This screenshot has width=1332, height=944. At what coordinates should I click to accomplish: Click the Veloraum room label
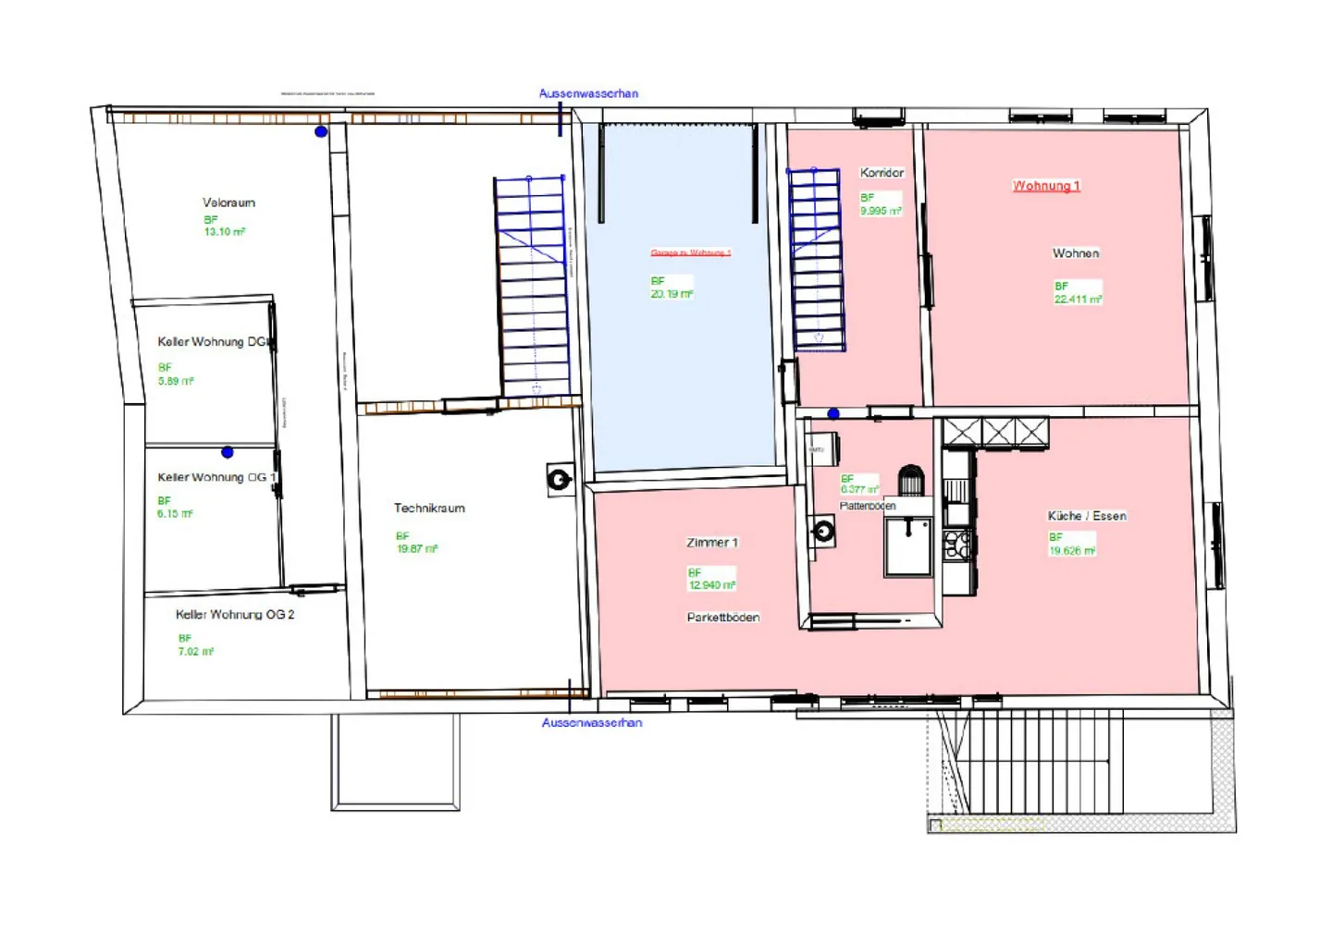click(228, 202)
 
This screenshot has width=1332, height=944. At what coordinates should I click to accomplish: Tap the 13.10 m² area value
click(224, 232)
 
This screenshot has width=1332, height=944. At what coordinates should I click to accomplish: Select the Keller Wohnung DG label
click(214, 342)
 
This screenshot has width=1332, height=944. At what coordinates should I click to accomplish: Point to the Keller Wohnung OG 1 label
click(216, 477)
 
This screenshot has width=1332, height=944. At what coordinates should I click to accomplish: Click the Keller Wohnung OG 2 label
click(235, 614)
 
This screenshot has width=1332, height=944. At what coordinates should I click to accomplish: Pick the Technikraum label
click(429, 508)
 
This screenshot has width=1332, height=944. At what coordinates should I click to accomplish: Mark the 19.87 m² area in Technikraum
click(417, 548)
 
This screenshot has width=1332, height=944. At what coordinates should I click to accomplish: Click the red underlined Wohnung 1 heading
click(1046, 186)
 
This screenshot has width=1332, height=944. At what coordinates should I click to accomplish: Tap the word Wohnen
click(1076, 253)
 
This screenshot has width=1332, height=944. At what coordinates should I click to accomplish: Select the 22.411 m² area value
click(1078, 300)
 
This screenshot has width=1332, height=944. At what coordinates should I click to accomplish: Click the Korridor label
click(882, 173)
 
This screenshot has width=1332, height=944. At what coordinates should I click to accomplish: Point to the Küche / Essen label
click(1087, 516)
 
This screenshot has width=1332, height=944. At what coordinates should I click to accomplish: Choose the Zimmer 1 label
click(712, 543)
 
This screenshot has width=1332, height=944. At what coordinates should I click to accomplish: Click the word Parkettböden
click(723, 618)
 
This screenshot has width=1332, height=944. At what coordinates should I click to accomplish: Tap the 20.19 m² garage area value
click(672, 294)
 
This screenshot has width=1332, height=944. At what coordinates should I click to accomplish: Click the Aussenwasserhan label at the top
click(588, 93)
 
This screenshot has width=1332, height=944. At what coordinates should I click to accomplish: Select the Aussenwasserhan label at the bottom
click(592, 723)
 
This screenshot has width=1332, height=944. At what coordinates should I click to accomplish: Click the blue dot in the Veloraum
click(321, 132)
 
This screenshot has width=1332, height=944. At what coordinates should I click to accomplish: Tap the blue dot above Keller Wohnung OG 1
click(228, 452)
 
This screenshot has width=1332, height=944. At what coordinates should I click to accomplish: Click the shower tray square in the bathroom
click(908, 546)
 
